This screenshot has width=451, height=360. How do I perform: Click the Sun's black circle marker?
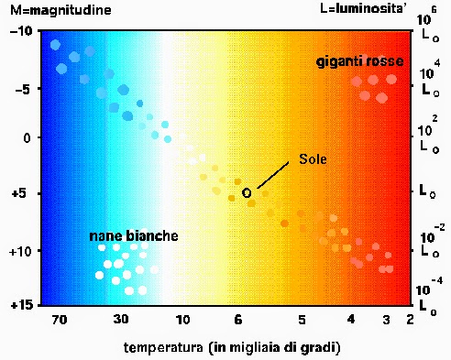tap(247, 192)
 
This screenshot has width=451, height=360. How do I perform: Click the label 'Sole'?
tap(312, 158)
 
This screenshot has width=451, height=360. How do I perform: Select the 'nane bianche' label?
tap(134, 236)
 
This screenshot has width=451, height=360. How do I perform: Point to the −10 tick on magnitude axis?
tap(21, 32)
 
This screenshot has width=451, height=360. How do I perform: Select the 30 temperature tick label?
tap(120, 320)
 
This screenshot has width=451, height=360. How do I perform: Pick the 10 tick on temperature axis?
tap(183, 320)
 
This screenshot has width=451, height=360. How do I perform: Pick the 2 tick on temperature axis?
tap(409, 320)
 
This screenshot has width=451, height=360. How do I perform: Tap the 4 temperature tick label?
tap(351, 320)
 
